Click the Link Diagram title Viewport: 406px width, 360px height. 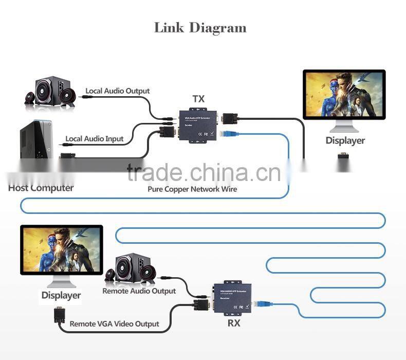pos(200,28)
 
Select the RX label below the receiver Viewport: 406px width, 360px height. pos(234,323)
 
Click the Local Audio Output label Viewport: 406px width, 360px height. pos(118,91)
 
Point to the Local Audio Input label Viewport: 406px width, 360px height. pos(95,138)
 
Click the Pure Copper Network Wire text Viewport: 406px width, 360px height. pos(192,189)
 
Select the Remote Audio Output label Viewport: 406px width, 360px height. pos(139,291)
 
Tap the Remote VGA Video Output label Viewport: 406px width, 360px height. pos(114,324)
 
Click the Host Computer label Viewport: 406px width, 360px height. pos(41,188)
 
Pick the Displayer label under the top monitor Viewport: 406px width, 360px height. pos(345,140)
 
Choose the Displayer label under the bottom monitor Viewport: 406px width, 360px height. pos(61,295)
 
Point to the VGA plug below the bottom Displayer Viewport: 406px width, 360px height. pos(58,314)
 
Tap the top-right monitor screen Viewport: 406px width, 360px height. pos(344,95)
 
